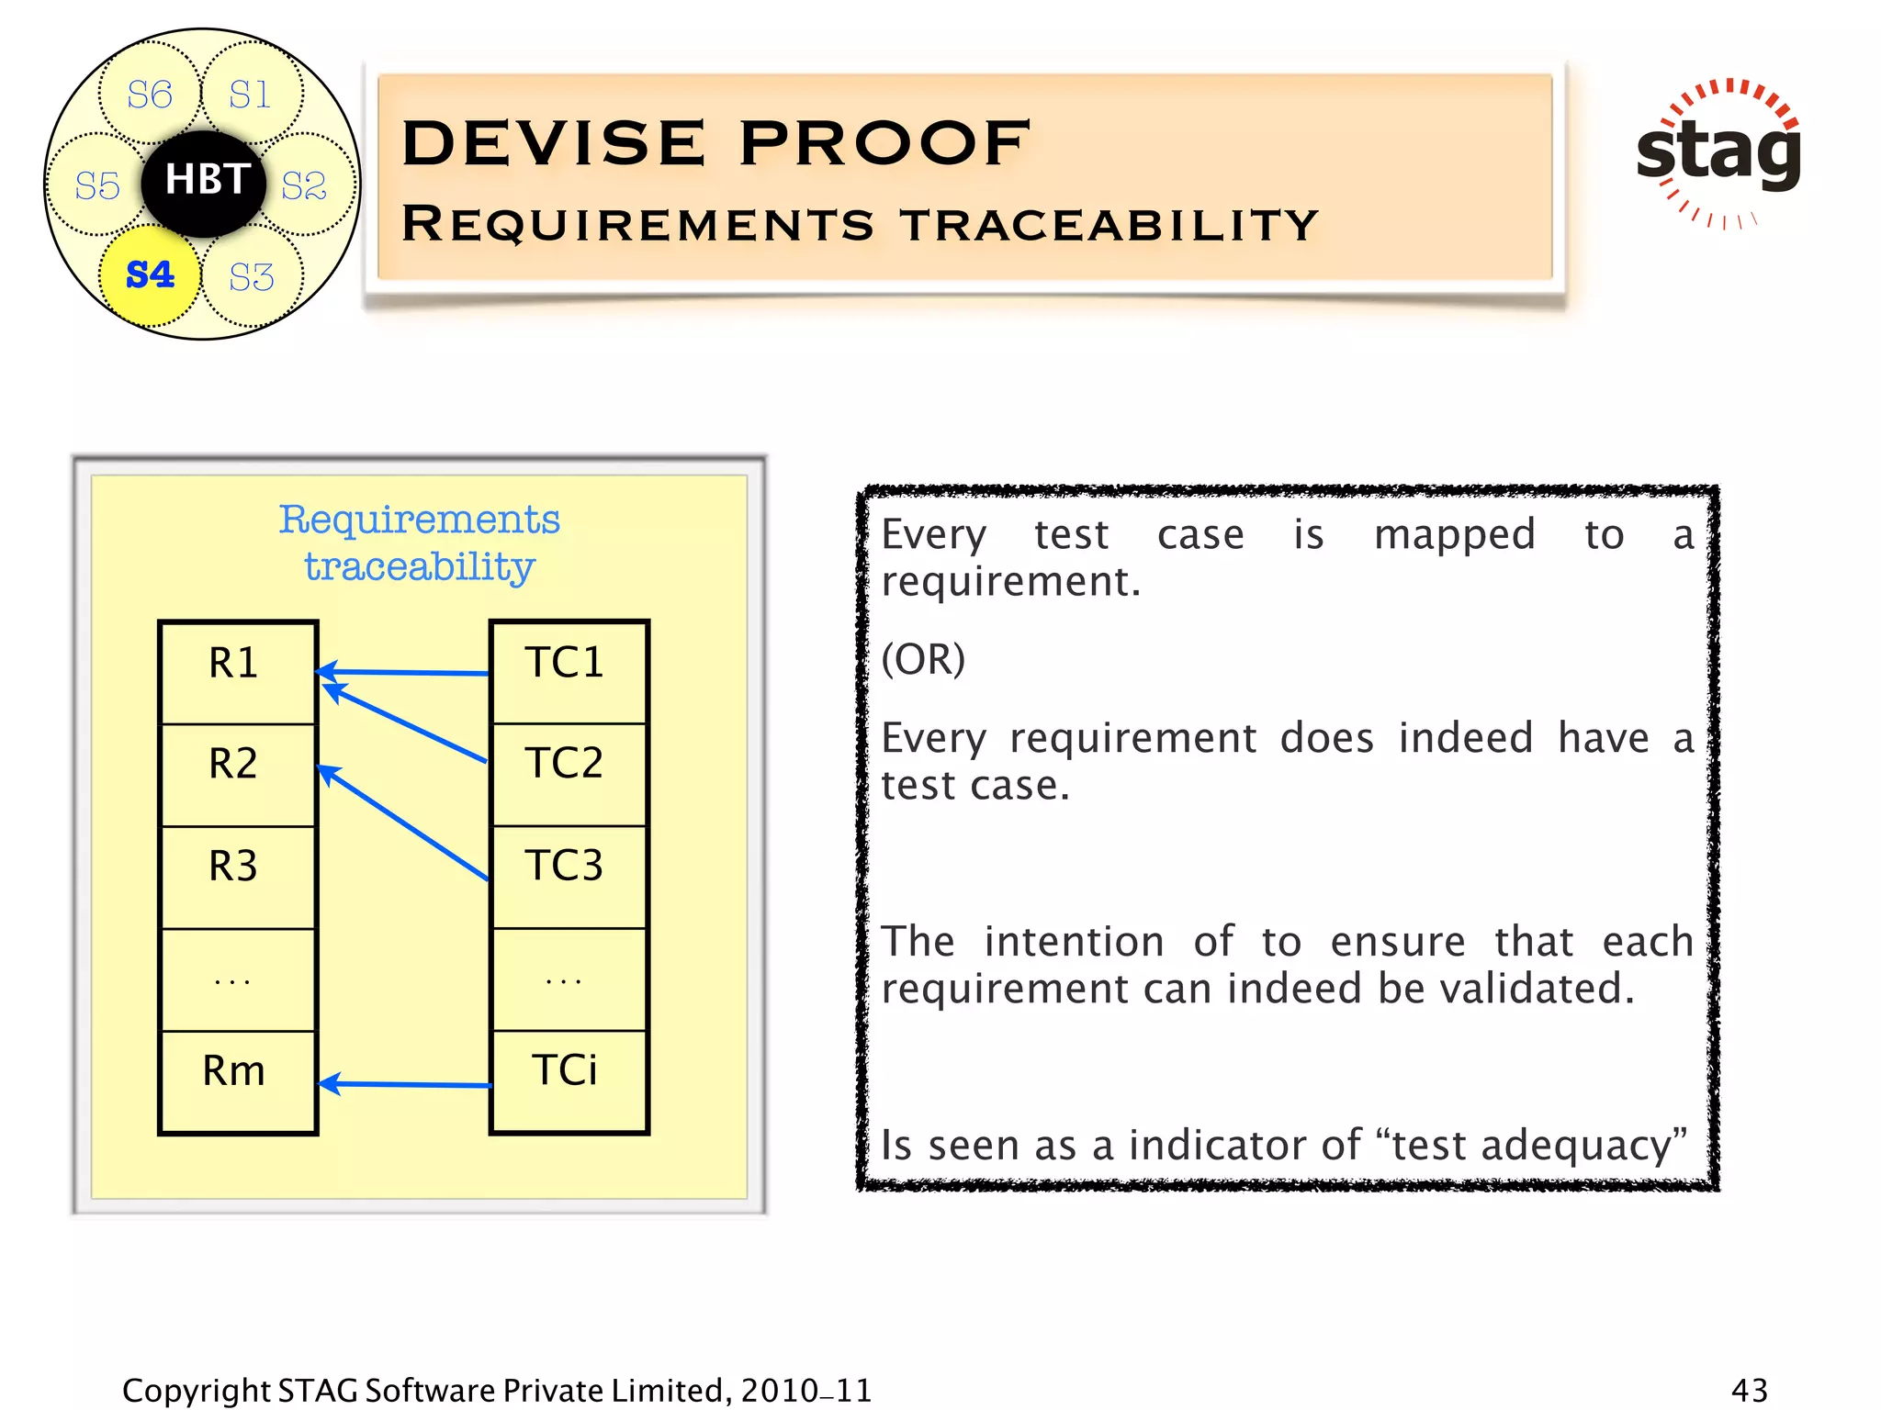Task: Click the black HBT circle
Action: [204, 182]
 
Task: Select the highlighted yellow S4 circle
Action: [150, 274]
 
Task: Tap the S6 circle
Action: [149, 95]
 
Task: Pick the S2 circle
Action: [304, 185]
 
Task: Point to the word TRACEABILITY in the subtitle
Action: [1109, 225]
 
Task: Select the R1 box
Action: [237, 672]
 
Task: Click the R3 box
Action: [237, 876]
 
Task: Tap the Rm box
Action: [237, 1080]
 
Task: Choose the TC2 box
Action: [569, 773]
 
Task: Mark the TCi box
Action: [569, 1080]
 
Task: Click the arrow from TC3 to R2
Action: [404, 823]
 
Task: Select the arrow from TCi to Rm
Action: [404, 1084]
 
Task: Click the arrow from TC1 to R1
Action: [404, 672]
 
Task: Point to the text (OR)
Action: [923, 659]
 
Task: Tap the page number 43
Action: [1749, 1390]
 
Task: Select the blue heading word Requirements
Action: [419, 520]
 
